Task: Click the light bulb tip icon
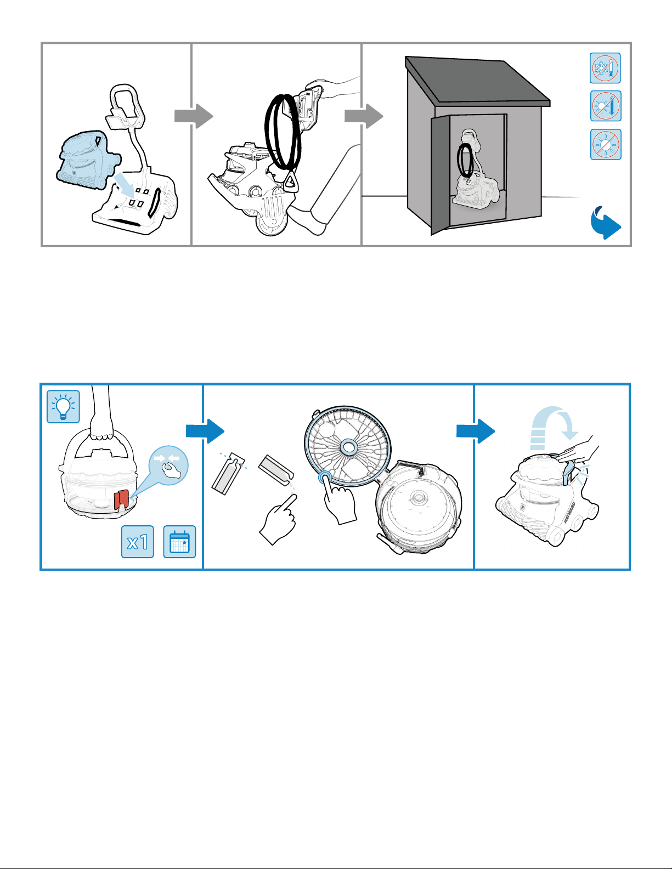(x=64, y=406)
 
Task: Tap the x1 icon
(x=138, y=542)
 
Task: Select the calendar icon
(x=179, y=542)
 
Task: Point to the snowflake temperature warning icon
(x=606, y=68)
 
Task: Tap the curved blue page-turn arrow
(x=605, y=223)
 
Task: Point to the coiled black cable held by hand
(x=283, y=132)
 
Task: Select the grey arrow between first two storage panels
(x=193, y=116)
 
